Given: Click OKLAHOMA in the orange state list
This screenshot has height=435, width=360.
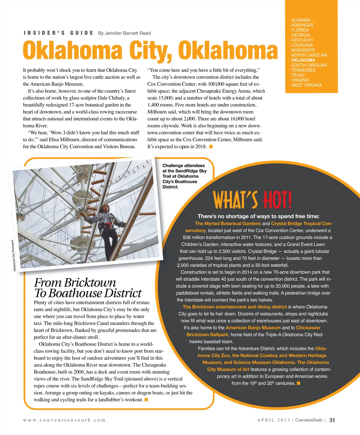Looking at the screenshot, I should coord(303,60).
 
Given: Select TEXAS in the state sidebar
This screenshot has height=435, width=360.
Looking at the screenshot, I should coord(298,75).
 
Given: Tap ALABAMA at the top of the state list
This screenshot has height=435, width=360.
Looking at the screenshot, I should coord(301,20).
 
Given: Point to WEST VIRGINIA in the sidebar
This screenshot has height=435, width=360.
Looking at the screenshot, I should coord(306,85).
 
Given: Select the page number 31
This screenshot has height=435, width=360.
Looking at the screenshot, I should coord(332,420).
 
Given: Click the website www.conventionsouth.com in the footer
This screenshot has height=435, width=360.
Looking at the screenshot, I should coord(64,420).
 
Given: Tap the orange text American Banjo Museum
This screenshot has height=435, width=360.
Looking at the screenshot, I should coord(253,328).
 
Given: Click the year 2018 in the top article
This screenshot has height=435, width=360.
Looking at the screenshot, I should coord(201,147).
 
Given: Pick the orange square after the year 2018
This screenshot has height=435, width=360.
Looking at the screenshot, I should coord(211,147).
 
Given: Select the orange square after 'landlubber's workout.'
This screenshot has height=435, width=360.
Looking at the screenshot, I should coord(146,400).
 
